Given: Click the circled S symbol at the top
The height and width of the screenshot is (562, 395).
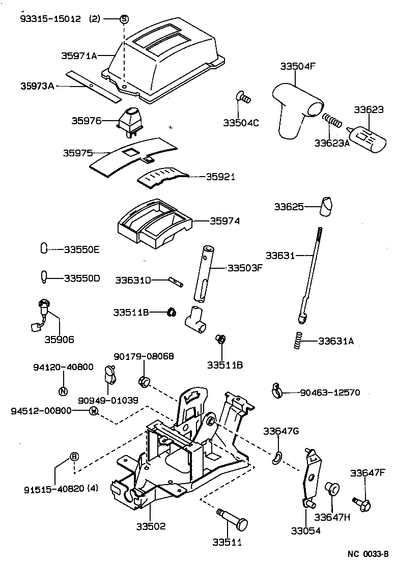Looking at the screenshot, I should pos(124,19).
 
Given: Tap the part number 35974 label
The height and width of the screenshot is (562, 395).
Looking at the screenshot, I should pos(224,221).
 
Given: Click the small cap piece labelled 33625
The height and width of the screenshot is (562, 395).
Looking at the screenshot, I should pos(326,206).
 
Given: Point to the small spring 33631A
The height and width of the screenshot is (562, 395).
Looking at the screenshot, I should pos(299,340).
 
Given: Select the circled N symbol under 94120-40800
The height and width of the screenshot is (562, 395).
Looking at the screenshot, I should pos(63,391).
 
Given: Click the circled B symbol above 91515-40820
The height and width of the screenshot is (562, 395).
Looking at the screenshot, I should pos(74,457).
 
